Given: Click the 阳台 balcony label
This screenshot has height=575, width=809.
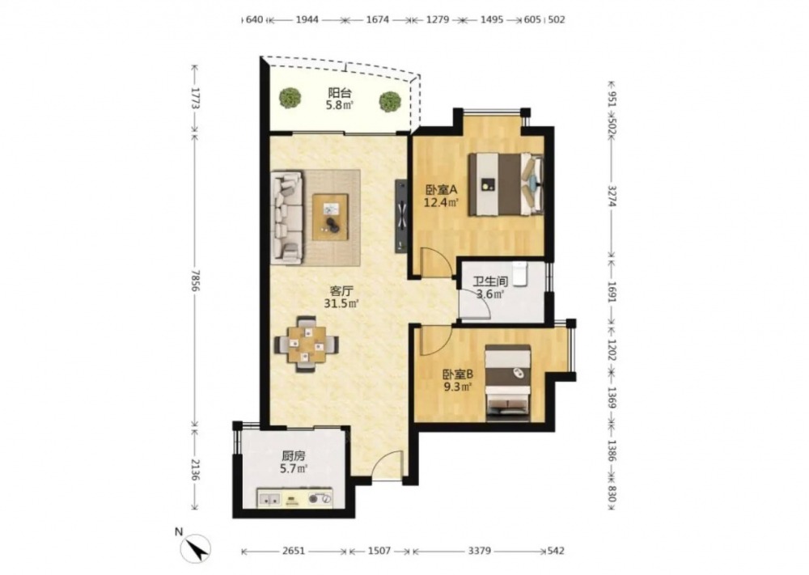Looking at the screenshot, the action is pyautogui.click(x=340, y=93).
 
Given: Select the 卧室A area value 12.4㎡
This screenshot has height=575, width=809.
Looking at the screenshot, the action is pyautogui.click(x=441, y=202).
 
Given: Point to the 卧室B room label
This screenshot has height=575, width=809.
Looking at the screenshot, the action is pyautogui.click(x=458, y=374).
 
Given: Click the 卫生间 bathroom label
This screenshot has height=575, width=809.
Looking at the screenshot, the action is pyautogui.click(x=490, y=281).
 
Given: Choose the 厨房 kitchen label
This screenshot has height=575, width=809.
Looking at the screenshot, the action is pyautogui.click(x=294, y=456).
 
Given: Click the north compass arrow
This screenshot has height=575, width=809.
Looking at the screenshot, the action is pyautogui.click(x=197, y=548).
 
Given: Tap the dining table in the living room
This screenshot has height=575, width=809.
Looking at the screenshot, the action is pyautogui.click(x=307, y=344).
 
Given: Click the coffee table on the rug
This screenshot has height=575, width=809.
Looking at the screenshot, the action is pyautogui.click(x=330, y=217).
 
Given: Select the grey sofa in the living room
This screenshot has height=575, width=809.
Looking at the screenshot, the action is pyautogui.click(x=287, y=216).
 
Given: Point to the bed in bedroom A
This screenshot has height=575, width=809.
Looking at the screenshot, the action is pyautogui.click(x=506, y=184).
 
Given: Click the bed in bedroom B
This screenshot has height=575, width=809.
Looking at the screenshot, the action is pyautogui.click(x=508, y=382).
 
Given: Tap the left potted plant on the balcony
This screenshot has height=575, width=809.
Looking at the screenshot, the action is pyautogui.click(x=290, y=98).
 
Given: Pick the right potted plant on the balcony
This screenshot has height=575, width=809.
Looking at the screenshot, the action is pyautogui.click(x=390, y=102).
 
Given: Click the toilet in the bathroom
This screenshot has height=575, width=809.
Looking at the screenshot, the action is pyautogui.click(x=519, y=273).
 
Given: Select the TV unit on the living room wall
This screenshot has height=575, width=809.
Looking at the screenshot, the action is pyautogui.click(x=401, y=216).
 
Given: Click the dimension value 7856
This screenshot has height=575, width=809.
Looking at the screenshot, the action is pyautogui.click(x=195, y=280).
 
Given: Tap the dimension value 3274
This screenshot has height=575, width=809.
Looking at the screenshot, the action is pyautogui.click(x=612, y=196).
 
